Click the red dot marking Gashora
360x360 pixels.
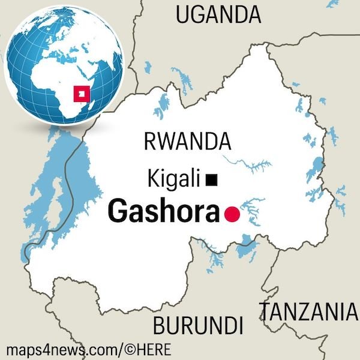coord(231,214)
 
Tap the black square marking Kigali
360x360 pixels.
coord(211,179)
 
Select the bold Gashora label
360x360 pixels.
coord(163,212)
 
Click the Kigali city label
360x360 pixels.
coord(175,178)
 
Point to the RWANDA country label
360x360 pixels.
coord(187,142)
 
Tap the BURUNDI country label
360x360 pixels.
coord(197,326)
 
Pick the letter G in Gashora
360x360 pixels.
coord(118,212)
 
